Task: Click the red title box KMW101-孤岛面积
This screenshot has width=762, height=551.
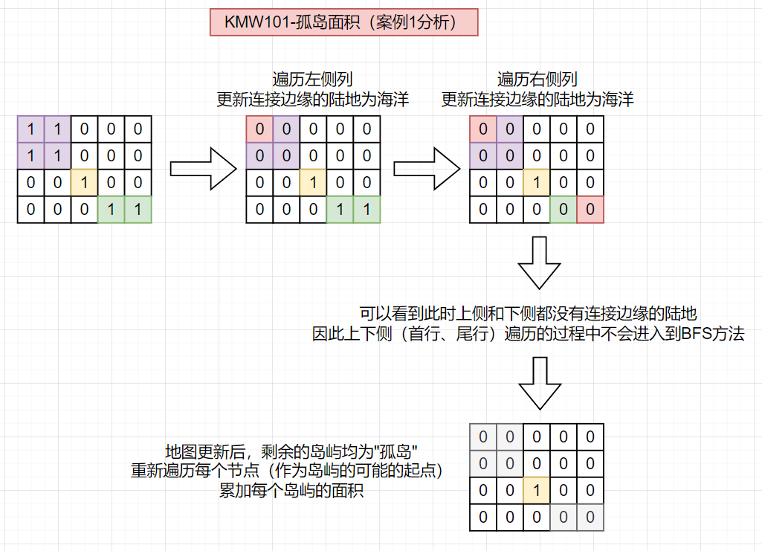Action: (343, 22)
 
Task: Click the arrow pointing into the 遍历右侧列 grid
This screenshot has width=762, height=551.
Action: (426, 168)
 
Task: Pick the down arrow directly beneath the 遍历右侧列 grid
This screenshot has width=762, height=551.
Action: (537, 262)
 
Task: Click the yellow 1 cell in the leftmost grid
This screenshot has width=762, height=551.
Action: (84, 183)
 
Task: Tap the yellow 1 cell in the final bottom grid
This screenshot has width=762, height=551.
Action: (537, 491)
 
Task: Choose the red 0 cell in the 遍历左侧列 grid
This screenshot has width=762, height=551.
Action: (259, 129)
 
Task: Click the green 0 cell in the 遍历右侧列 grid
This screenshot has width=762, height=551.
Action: (564, 210)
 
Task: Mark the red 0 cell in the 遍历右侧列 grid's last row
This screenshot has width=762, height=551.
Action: (590, 210)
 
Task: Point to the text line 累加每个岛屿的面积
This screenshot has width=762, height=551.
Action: (291, 491)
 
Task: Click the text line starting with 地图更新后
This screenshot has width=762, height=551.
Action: (291, 452)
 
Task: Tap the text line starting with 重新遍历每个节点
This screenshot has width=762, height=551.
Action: (291, 471)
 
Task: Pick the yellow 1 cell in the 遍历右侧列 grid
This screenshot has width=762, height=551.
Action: (537, 183)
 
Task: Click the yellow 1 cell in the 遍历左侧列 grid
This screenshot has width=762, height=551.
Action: (313, 183)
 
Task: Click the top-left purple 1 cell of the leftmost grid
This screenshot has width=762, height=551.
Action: (30, 129)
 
